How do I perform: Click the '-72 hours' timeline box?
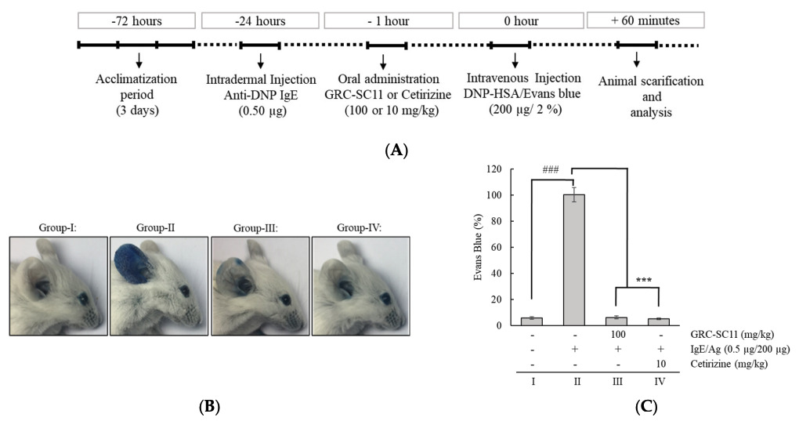(136, 20)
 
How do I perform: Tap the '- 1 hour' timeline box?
(383, 20)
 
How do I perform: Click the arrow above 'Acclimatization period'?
(138, 60)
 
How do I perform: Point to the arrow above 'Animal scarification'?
(636, 60)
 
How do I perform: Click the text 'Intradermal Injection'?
(261, 79)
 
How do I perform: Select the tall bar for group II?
(574, 259)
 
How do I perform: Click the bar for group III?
(616, 321)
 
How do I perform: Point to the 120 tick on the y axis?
(506, 169)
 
